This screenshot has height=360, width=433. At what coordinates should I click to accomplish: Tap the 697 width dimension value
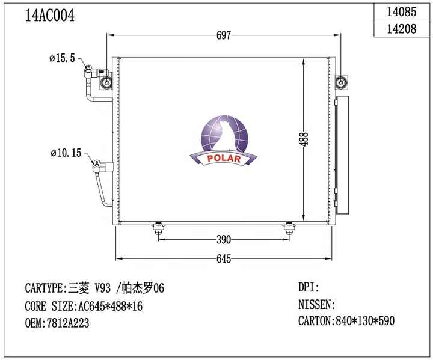point(223,35)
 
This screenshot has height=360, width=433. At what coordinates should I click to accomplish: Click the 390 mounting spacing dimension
point(223,240)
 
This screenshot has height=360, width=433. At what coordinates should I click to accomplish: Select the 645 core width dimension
point(223,258)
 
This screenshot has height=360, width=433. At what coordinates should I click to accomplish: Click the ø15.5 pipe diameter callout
point(62,59)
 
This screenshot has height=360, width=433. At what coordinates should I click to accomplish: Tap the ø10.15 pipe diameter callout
point(65,154)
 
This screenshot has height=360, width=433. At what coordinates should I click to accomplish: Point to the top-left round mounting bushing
point(106,82)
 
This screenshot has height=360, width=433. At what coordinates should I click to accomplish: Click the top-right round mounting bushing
point(340,82)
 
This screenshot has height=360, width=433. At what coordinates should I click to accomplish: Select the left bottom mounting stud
point(158,228)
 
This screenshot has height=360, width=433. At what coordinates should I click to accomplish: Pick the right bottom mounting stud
point(289,228)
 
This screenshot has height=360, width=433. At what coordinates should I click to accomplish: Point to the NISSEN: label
point(317,305)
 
